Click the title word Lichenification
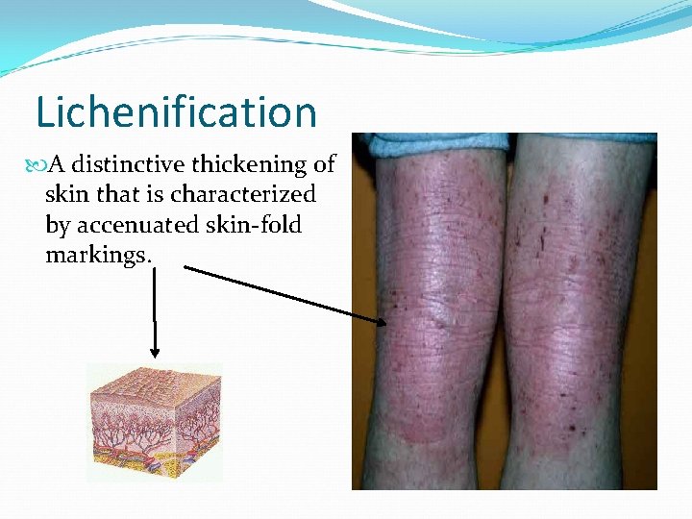click(x=176, y=112)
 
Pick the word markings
click(x=98, y=255)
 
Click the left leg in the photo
click(x=438, y=317)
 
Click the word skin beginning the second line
click(x=65, y=194)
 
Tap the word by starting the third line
click(x=58, y=226)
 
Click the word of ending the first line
click(x=324, y=164)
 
